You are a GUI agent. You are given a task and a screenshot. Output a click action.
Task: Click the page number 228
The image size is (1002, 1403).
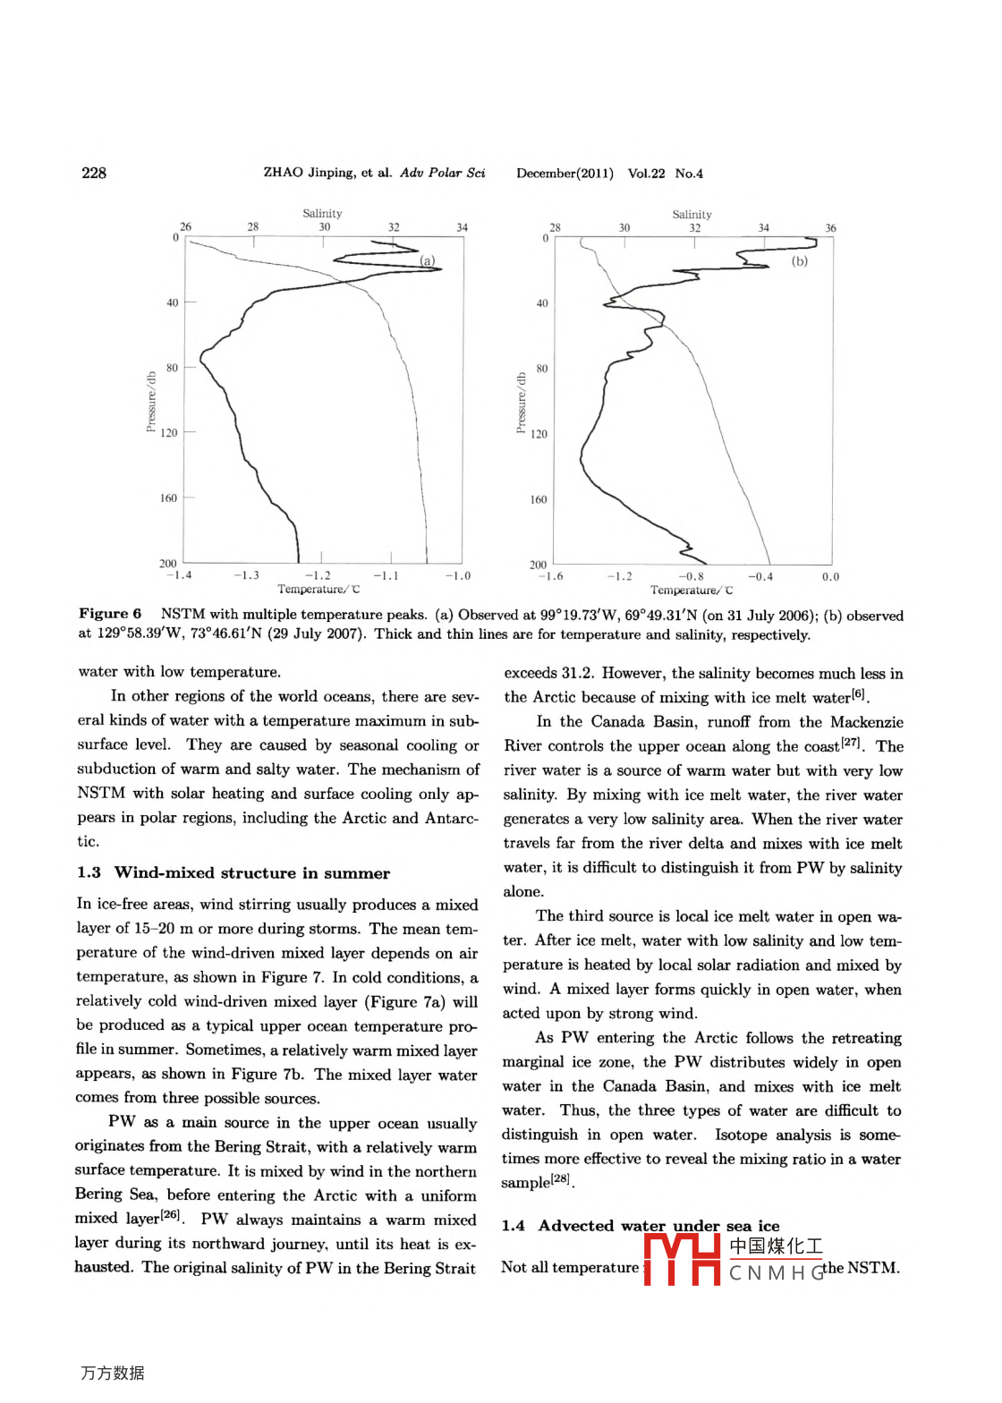click(94, 173)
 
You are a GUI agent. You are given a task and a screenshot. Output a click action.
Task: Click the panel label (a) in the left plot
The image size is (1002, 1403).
click(428, 260)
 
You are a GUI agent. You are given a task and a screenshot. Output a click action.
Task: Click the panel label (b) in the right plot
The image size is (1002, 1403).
click(799, 261)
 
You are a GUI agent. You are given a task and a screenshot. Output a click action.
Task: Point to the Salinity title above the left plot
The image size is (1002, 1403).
click(322, 213)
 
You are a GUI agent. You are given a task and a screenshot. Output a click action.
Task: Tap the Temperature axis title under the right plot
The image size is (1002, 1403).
click(692, 590)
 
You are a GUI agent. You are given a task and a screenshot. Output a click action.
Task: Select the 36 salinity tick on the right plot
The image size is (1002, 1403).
click(830, 228)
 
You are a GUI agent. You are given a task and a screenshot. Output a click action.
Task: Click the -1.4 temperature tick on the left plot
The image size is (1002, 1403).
click(179, 575)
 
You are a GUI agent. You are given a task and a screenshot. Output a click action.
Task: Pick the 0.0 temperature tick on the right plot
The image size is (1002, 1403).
click(830, 577)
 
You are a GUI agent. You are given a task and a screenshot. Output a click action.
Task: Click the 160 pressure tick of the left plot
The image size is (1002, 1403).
click(168, 498)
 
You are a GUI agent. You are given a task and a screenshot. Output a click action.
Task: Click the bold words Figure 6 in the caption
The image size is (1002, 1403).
click(110, 614)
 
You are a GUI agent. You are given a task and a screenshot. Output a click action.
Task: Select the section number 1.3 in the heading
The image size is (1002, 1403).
click(89, 873)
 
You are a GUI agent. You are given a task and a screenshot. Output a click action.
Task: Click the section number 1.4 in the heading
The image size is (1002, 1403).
click(513, 1226)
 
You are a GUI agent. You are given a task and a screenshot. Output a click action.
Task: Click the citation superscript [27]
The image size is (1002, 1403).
click(850, 743)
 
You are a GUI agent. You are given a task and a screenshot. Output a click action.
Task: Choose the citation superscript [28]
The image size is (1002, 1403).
click(561, 1178)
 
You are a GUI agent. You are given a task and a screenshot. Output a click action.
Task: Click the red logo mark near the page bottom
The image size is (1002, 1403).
click(682, 1259)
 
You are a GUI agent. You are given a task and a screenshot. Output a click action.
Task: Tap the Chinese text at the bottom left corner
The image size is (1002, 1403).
click(113, 1373)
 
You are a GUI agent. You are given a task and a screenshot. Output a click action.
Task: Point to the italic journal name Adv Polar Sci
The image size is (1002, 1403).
click(442, 173)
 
